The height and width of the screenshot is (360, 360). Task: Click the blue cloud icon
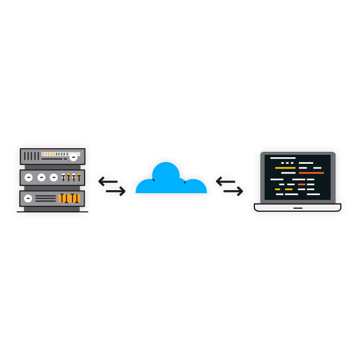point(171,180)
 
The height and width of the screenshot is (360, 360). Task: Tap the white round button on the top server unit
point(73,157)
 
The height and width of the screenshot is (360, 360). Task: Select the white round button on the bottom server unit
point(28,198)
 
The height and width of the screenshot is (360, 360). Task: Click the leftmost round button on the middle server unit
point(29,178)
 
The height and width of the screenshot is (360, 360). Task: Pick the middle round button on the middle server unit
point(41,178)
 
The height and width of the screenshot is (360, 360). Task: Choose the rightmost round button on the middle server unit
point(54,178)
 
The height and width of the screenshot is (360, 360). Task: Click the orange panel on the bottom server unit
point(69,198)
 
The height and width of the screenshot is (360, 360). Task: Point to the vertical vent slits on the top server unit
point(31,156)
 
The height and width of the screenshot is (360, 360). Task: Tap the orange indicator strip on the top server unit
point(48,154)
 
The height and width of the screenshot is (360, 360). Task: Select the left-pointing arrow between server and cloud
point(108,180)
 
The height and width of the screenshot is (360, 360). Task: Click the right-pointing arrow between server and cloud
point(115,191)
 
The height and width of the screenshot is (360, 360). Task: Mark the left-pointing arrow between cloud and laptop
point(226,180)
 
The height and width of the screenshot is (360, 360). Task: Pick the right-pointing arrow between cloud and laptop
point(233,191)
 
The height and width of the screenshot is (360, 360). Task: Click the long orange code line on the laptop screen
point(311,173)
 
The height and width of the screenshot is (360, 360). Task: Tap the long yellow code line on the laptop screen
point(285,168)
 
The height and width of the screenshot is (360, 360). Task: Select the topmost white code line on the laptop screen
point(283,158)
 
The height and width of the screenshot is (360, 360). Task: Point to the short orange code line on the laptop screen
point(302,184)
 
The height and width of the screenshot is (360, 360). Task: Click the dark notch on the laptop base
point(298,208)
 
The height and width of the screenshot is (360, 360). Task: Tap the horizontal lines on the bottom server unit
point(45,198)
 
